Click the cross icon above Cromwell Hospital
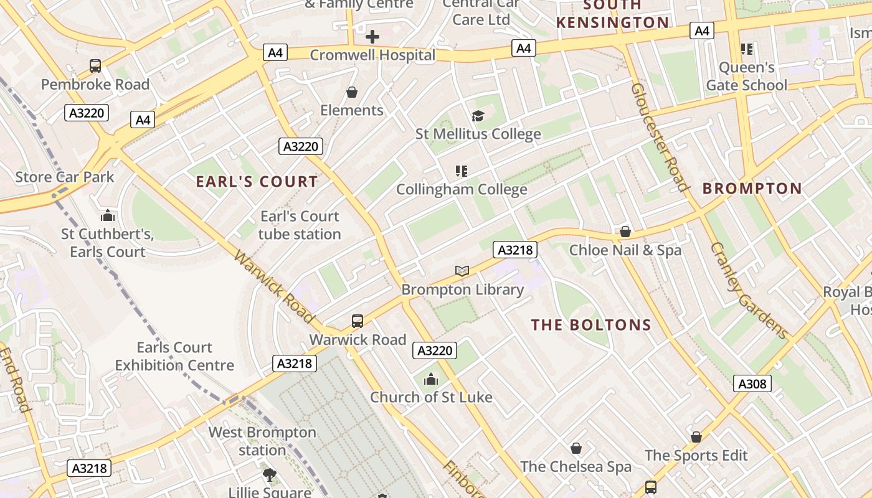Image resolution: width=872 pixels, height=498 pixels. (x=372, y=37)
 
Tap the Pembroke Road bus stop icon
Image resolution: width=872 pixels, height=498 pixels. (x=95, y=65)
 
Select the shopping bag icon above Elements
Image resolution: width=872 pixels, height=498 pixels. (x=352, y=92)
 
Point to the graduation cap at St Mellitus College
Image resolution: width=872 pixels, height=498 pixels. (x=478, y=116)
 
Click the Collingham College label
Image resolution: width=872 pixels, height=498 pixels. (x=462, y=189)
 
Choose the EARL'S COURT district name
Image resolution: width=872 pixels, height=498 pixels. (x=257, y=182)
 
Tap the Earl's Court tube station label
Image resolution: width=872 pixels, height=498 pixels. (x=300, y=225)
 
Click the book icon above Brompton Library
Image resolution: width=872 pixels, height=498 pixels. (x=462, y=271)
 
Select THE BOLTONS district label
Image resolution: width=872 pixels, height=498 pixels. (x=591, y=325)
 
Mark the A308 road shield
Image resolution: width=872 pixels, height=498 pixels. (x=752, y=383)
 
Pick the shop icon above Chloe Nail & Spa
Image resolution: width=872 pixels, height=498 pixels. (x=625, y=232)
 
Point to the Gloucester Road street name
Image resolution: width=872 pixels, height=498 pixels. (x=660, y=137)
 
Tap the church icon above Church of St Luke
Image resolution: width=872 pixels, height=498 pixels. (x=431, y=378)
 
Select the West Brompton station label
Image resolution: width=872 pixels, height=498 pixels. (x=262, y=441)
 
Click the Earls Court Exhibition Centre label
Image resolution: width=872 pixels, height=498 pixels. (x=174, y=356)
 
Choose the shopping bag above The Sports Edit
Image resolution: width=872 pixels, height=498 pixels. (x=696, y=437)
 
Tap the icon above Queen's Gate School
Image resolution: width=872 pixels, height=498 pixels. (x=746, y=49)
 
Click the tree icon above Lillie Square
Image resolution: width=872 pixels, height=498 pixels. (x=270, y=475)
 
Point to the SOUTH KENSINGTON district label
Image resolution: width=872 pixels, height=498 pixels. (x=612, y=14)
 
